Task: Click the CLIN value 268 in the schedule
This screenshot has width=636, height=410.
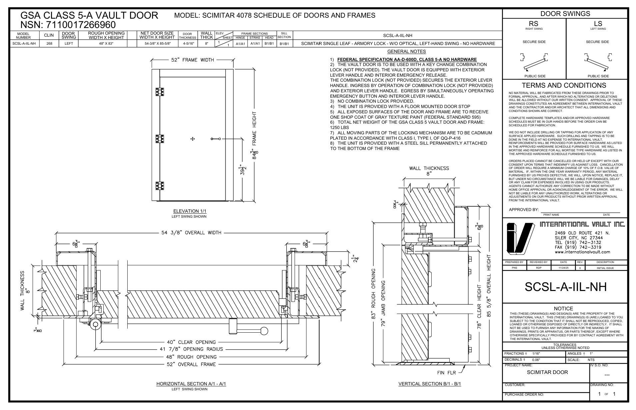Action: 49,43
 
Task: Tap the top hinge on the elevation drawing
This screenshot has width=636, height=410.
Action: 160,91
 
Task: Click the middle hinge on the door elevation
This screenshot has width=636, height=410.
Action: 160,139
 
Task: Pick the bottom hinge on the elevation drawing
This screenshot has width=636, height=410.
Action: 160,186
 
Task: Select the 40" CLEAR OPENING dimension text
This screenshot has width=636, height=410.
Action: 191,342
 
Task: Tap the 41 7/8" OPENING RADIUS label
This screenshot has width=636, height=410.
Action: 191,349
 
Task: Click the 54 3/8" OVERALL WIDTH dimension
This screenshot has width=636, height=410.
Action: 189,233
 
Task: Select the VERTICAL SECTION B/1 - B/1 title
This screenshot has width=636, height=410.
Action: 430,384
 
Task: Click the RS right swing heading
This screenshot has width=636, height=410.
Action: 534,24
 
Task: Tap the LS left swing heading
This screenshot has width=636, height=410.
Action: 598,24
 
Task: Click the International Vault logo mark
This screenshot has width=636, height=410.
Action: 519,238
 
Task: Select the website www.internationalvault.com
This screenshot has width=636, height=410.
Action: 582,252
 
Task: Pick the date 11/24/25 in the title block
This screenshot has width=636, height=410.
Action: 563,268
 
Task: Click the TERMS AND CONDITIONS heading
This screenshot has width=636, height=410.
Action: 564,85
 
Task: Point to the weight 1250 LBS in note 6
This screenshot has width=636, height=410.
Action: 339,127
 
